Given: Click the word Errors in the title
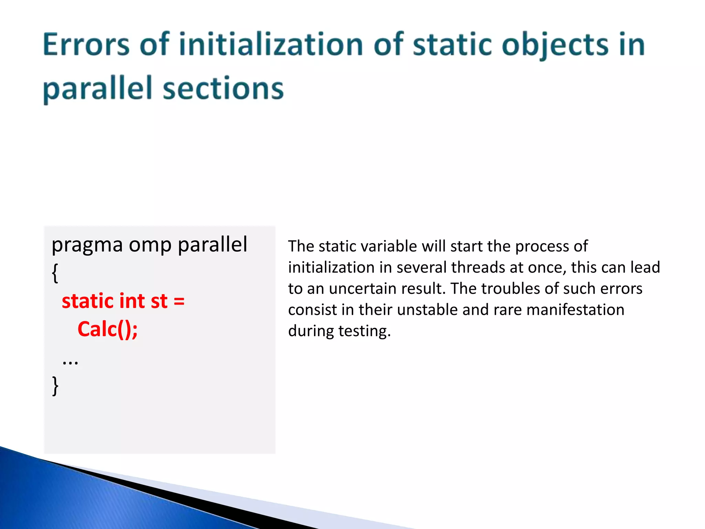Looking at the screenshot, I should pos(86,45).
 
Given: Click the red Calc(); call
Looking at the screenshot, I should pos(107,330).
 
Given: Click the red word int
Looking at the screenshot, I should pos(132,301).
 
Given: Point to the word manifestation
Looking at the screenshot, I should pos(575,310).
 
